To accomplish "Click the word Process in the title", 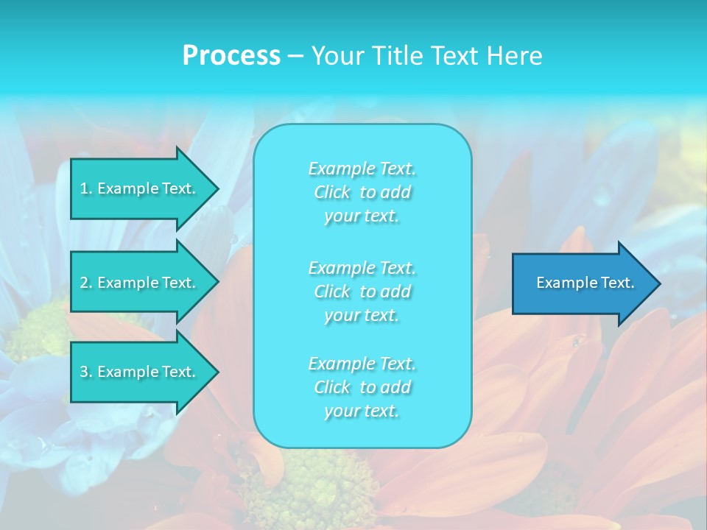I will pos(231,56).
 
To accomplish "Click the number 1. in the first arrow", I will pos(85,188).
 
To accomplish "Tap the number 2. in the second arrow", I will pos(85,283).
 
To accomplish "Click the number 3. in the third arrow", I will pos(85,372).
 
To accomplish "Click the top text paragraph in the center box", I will pos(362,192).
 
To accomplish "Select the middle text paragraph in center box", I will pos(362,291).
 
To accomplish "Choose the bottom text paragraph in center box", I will pos(362,387).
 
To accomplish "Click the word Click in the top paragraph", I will pos(332,193).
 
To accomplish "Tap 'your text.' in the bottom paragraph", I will pos(362,411).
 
